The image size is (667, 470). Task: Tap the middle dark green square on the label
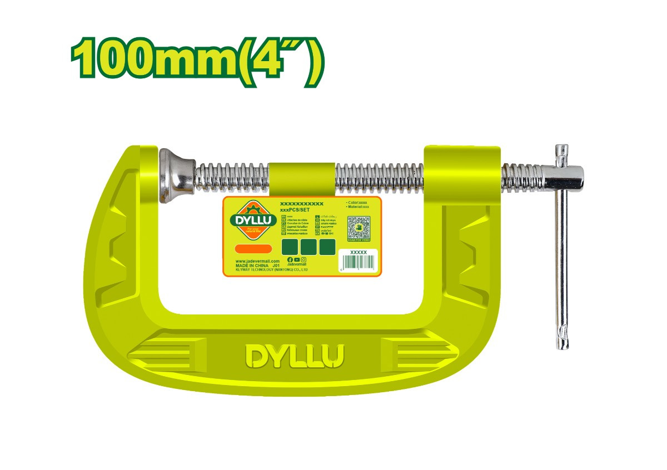(308, 247)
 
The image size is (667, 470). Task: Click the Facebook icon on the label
(290, 260)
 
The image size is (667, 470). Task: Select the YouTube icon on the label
(297, 260)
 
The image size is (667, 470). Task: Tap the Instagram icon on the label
(303, 260)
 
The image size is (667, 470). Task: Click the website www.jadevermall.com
(257, 261)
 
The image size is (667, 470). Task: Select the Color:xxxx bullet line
(357, 202)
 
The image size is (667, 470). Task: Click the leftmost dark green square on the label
(290, 247)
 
